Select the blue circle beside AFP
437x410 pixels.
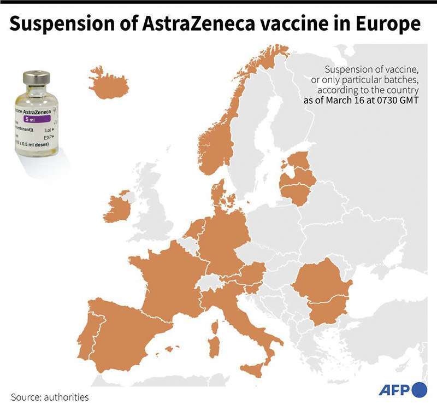419,389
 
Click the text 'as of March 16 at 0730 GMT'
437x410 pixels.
361,101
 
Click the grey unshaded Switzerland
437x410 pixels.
208,283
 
